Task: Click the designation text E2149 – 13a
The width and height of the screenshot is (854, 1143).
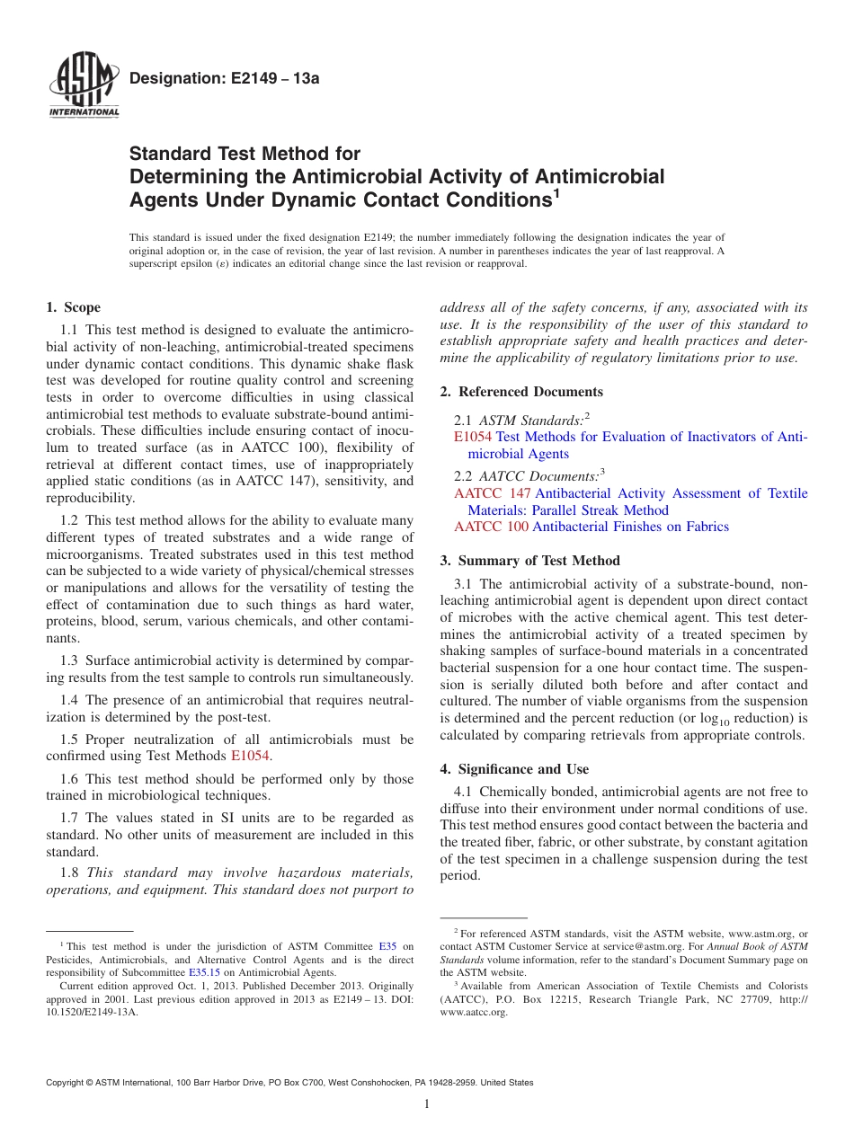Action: [x=225, y=78]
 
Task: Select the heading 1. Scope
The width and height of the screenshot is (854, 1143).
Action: [x=74, y=307]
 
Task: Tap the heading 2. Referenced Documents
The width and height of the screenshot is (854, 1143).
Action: [x=521, y=391]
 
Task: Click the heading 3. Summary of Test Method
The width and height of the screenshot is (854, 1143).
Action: [x=529, y=560]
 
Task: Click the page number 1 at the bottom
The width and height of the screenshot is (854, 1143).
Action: [x=427, y=1104]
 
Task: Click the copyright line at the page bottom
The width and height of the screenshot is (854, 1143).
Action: [x=289, y=1083]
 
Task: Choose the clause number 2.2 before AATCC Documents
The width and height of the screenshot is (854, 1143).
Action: [x=464, y=476]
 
